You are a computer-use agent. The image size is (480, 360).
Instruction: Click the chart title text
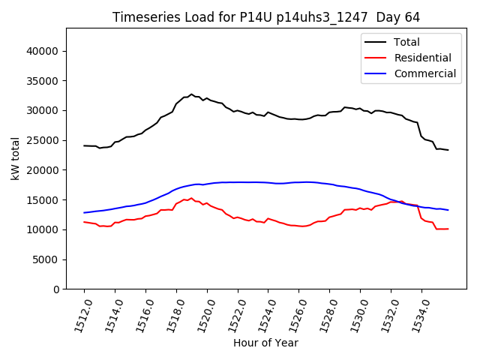266,17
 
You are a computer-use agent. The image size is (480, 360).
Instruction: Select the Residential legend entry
422,58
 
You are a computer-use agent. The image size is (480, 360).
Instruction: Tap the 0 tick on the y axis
56,289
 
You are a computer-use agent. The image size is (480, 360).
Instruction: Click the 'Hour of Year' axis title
265,343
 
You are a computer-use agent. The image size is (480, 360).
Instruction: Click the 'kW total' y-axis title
15,158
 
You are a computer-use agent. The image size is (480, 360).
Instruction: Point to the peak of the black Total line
191,94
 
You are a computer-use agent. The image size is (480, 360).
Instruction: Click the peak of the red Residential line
191,198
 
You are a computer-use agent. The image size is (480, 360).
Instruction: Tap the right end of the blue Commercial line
448,210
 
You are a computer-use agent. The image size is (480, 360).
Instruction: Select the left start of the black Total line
84,145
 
